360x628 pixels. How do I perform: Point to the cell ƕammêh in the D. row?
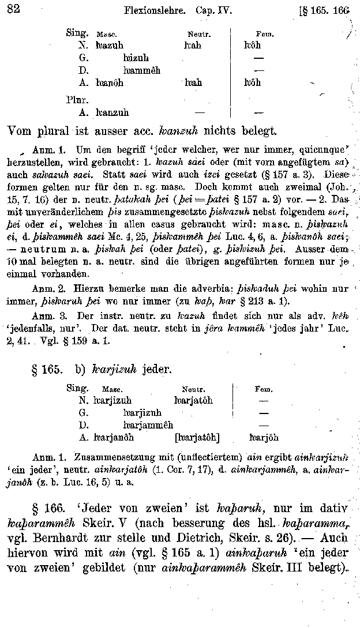pyautogui.click(x=141, y=70)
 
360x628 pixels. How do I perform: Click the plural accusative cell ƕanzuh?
pyautogui.click(x=112, y=112)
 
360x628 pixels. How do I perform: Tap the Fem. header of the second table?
pyautogui.click(x=264, y=389)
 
